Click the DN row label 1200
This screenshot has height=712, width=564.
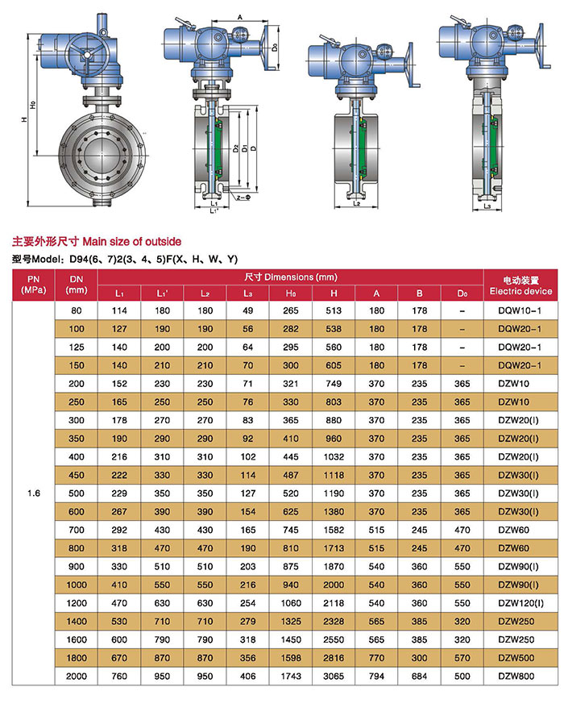point(77,601)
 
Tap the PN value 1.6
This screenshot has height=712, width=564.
point(33,493)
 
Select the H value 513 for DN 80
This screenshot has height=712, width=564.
point(334,310)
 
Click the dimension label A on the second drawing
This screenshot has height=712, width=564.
point(240,17)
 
